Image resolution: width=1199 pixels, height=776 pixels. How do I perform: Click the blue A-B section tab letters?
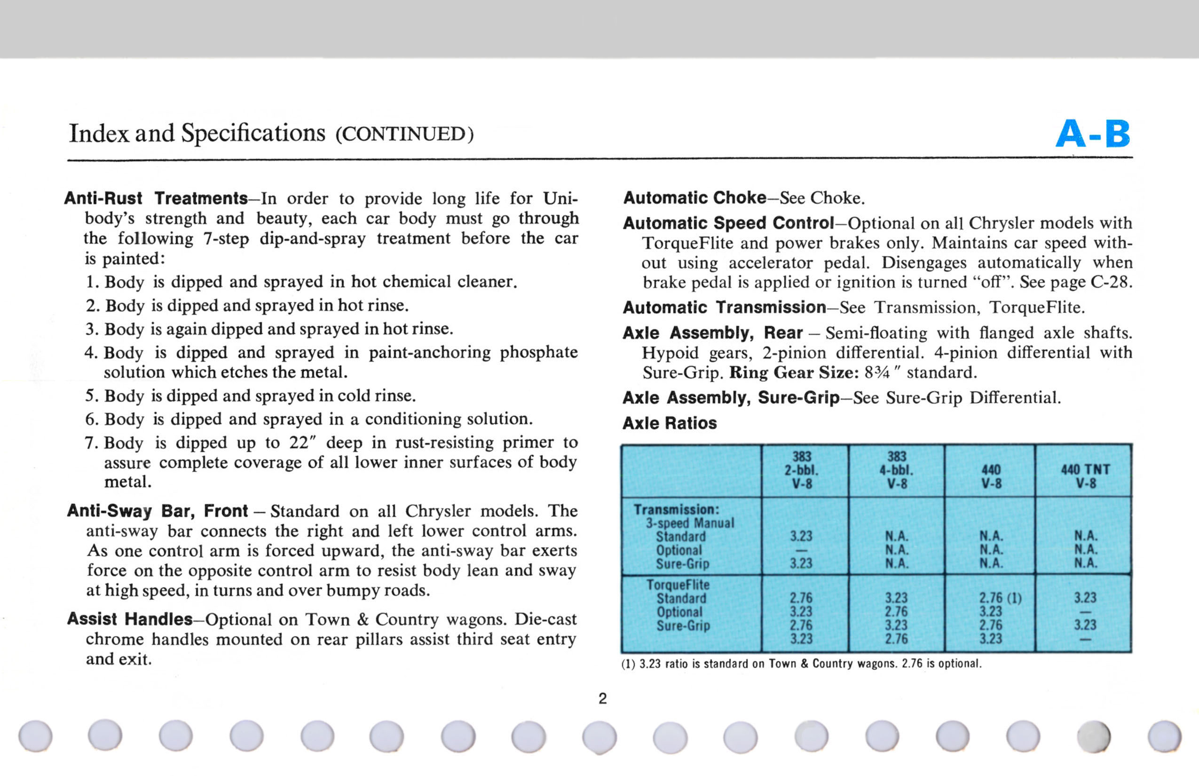1093,134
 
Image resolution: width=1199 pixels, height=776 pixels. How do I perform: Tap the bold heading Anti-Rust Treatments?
156,198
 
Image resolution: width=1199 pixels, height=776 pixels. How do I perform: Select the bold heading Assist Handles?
130,619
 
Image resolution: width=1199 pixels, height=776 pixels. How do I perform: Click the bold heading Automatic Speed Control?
728,223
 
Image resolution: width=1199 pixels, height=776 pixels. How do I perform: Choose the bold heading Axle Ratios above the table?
670,423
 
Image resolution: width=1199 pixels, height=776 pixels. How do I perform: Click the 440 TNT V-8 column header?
1085,476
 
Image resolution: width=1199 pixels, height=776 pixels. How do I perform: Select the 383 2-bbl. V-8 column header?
801,470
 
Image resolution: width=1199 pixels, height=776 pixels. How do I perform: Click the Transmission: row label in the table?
676,509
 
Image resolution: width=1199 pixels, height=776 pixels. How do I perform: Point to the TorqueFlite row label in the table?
678,585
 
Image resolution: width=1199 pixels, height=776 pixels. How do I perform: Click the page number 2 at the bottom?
602,698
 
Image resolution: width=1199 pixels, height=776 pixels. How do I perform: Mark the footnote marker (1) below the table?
628,664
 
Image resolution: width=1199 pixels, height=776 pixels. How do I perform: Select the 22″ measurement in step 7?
302,443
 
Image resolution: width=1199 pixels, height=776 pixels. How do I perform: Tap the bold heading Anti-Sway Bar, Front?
157,511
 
